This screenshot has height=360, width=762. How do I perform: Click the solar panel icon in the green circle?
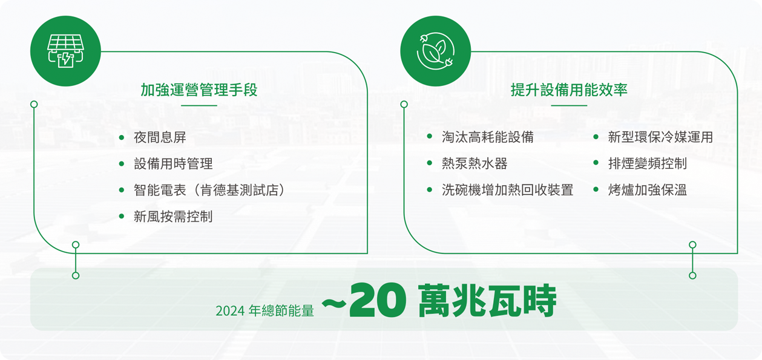(x=65, y=51)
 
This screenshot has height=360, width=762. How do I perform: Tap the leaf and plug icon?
(x=436, y=51)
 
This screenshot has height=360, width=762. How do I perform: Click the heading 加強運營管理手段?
(x=199, y=90)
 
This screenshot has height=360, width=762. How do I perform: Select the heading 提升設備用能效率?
(x=569, y=90)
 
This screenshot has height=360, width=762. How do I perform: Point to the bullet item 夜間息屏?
(x=160, y=137)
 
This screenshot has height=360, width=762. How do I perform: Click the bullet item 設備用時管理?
(x=173, y=164)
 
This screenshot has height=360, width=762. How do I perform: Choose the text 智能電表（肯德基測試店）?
(x=209, y=190)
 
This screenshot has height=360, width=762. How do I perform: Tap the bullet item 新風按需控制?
(x=173, y=217)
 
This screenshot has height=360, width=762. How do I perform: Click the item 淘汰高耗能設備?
(x=488, y=137)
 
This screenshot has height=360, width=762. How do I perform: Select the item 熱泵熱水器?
(x=475, y=163)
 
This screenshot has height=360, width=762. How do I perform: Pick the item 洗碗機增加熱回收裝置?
(x=508, y=190)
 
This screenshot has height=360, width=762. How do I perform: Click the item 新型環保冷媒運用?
(x=660, y=137)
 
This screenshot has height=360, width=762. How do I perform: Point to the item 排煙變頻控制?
(x=648, y=163)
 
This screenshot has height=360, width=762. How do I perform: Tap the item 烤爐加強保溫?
(x=648, y=190)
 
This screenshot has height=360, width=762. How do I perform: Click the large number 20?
(x=378, y=301)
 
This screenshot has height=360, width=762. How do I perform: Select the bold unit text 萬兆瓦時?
(x=487, y=301)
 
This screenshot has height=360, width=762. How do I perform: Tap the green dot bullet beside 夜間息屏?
(x=122, y=137)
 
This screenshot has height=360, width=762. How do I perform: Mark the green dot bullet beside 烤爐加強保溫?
(x=596, y=190)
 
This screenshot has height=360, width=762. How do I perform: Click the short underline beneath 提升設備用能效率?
(x=569, y=105)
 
